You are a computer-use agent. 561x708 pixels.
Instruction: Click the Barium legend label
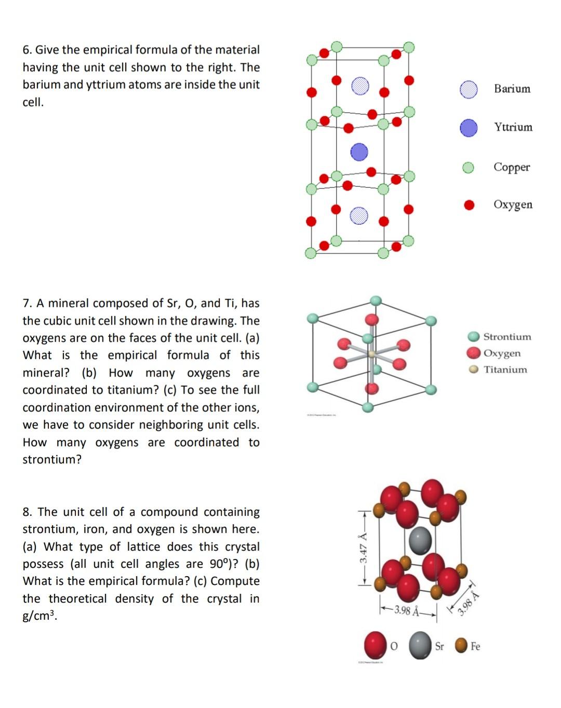[512, 89]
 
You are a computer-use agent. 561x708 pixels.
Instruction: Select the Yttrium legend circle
[469, 127]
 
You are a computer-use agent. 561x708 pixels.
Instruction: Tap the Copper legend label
[512, 167]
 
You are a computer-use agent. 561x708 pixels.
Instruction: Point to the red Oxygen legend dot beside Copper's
[469, 205]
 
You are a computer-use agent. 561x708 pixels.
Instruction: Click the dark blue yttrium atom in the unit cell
[359, 152]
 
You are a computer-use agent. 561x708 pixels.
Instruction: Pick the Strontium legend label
[507, 337]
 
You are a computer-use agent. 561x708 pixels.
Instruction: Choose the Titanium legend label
[505, 370]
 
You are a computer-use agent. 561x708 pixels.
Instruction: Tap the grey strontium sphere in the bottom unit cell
[420, 540]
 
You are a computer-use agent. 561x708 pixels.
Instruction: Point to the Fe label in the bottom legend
[475, 646]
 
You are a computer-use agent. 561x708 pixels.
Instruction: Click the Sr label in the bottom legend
[439, 646]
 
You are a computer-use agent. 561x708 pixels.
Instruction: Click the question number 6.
[27, 50]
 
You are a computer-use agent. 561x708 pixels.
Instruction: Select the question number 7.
[27, 303]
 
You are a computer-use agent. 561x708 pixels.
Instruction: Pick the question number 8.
[27, 512]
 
